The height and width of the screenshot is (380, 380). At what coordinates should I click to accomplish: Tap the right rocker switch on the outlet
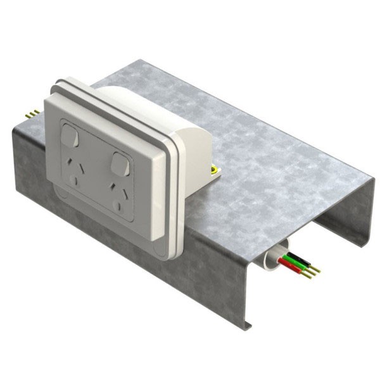(x=120, y=163)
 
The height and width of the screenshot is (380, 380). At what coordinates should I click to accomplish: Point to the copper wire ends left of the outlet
(x=32, y=113)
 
